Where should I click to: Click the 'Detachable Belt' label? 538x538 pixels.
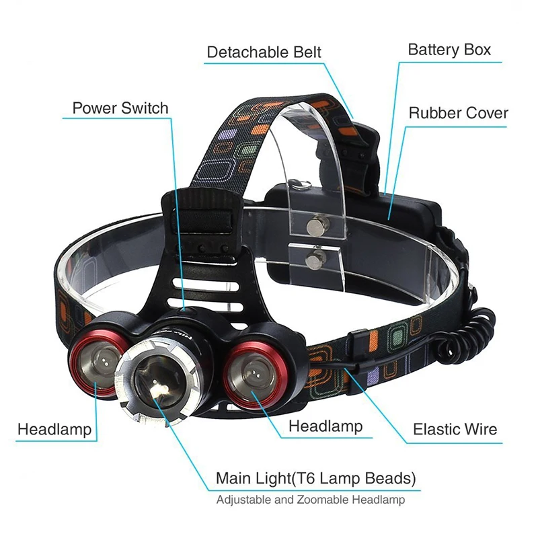pyautogui.click(x=264, y=52)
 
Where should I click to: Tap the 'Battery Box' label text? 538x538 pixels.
pyautogui.click(x=449, y=49)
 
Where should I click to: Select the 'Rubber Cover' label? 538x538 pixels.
pyautogui.click(x=459, y=112)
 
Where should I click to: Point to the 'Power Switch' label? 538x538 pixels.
pyautogui.click(x=120, y=108)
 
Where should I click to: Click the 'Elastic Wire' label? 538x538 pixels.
pyautogui.click(x=455, y=428)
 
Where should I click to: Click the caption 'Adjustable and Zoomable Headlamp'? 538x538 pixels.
pyautogui.click(x=310, y=500)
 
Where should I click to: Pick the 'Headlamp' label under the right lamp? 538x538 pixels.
pyautogui.click(x=325, y=426)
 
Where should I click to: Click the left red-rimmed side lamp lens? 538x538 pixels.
pyautogui.click(x=97, y=366)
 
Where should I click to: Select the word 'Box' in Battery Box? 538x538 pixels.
pyautogui.click(x=476, y=49)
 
